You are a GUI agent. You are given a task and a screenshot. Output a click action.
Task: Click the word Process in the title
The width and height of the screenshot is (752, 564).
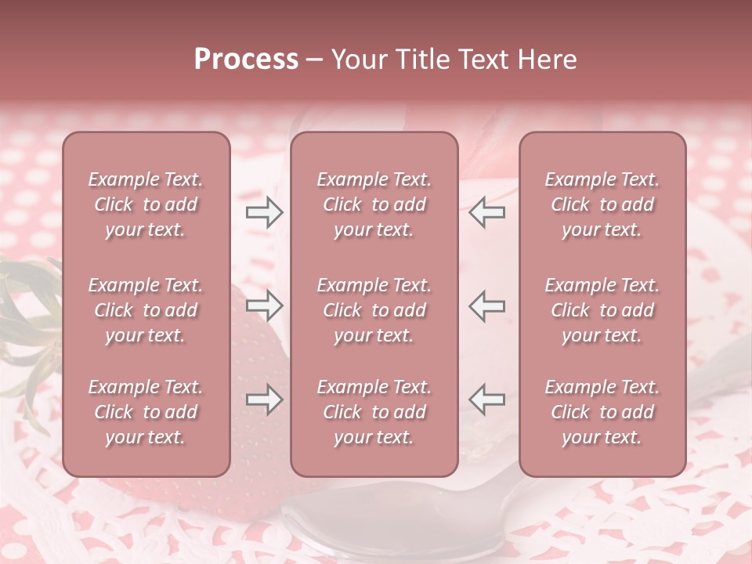coord(246,60)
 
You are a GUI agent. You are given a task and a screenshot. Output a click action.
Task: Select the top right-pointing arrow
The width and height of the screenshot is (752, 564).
coord(264,212)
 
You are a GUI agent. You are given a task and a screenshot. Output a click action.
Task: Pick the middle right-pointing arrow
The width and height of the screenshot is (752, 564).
coord(264,305)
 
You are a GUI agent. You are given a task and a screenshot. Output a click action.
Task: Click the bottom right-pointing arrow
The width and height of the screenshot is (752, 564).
coord(264,399)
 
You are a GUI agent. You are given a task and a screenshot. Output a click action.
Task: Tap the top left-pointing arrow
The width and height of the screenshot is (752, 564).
coord(487,212)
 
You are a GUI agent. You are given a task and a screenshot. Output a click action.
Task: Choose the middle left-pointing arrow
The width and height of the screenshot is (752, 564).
coord(487,305)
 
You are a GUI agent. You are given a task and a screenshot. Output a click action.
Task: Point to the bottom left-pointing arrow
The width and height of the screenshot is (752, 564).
coord(487,399)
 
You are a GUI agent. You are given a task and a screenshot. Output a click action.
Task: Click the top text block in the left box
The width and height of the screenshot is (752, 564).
coord(146,204)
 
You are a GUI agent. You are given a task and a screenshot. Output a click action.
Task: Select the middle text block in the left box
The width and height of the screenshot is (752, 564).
coord(146,310)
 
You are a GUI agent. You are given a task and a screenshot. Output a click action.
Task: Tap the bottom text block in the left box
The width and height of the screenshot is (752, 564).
coord(146,412)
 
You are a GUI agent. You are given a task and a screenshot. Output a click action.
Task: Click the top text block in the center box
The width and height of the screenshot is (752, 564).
coord(374,204)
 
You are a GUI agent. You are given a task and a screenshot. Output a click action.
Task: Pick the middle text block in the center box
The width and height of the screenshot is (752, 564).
coord(374,310)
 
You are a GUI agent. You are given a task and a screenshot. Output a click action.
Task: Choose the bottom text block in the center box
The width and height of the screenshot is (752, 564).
coord(374,412)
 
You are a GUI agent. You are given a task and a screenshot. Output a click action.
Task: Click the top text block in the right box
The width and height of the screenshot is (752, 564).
coord(602,204)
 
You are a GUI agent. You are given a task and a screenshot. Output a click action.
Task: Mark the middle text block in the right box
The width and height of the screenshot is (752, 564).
coord(602,310)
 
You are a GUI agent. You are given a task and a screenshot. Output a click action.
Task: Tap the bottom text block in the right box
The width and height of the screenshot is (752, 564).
coord(602,412)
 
